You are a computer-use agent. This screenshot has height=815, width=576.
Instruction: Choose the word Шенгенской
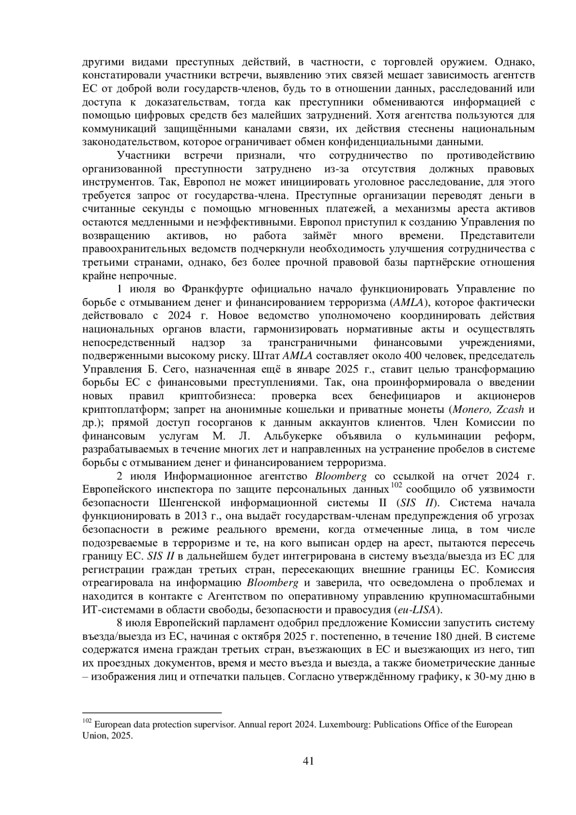tap(189, 503)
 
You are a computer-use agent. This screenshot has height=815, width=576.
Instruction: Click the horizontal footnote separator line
tap(152, 713)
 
